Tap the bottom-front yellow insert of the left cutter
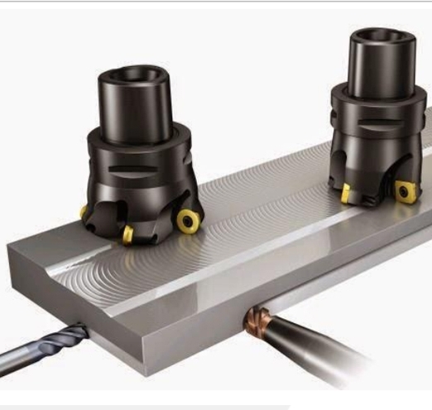coord(128,236)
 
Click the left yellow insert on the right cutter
coord(345,193)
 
